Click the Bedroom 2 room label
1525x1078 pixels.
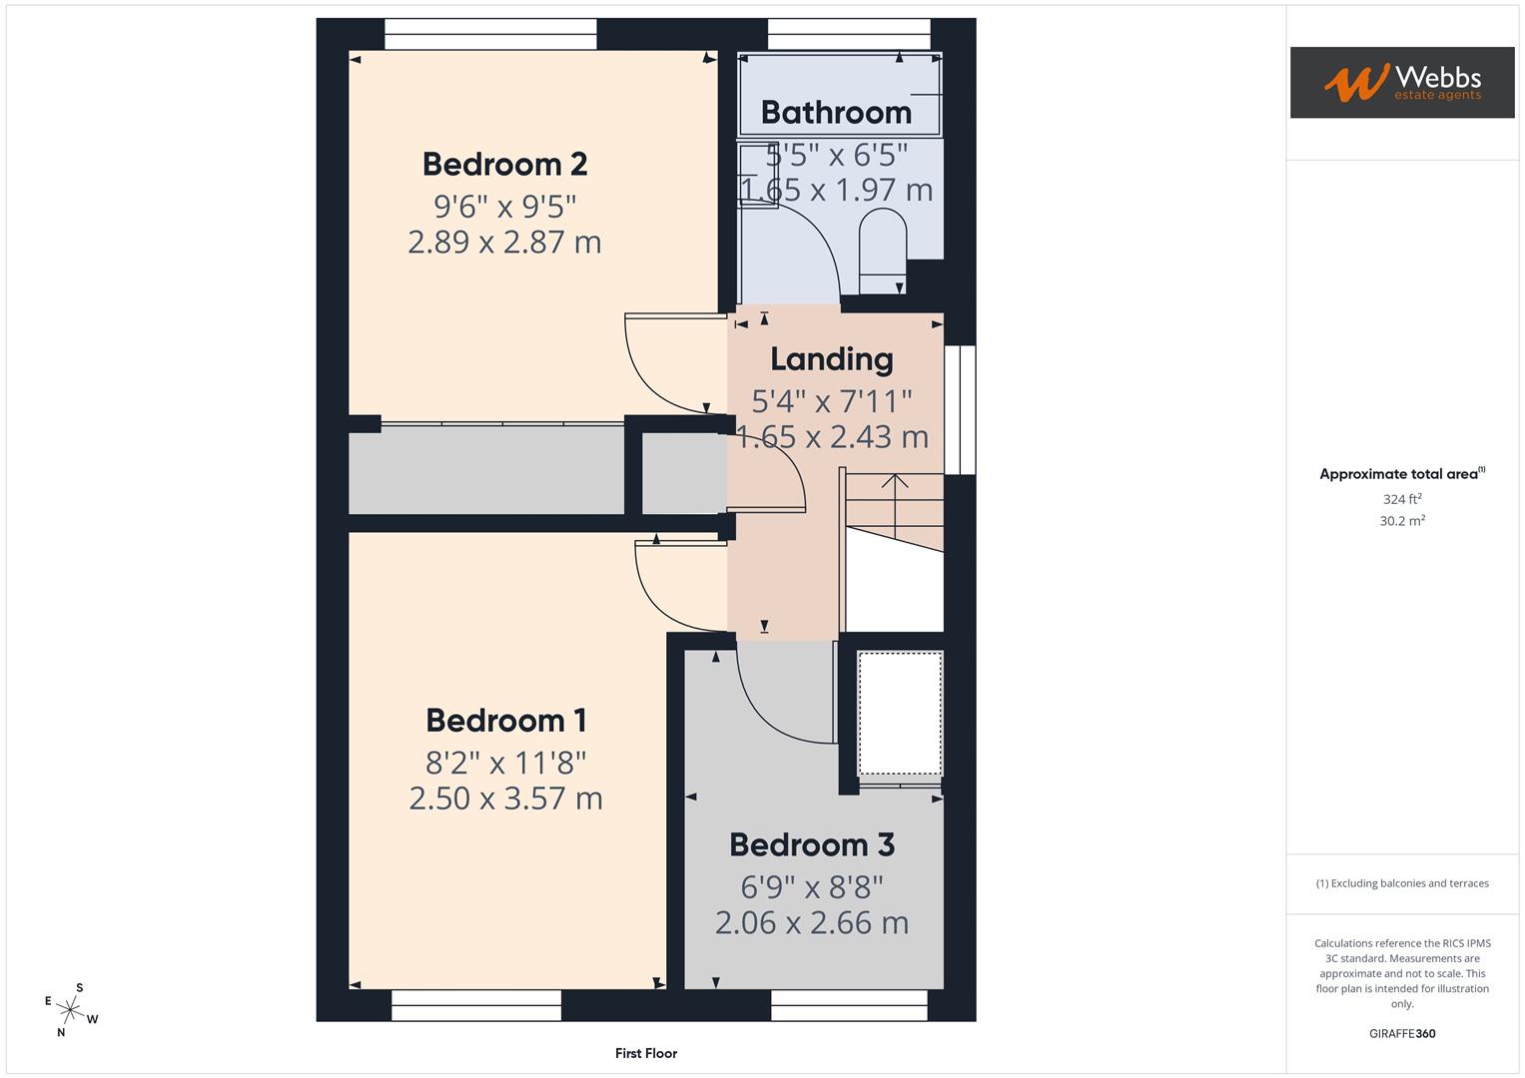pos(504,164)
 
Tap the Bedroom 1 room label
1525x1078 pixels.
pos(505,720)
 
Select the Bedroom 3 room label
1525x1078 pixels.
pos(811,844)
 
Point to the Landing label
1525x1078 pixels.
pos(831,358)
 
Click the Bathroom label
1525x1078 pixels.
pos(836,113)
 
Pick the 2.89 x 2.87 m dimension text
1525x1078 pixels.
pos(504,243)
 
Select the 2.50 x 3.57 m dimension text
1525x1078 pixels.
pos(505,799)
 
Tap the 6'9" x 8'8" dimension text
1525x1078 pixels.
pos(811,886)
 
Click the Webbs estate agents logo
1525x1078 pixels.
pos(1401,83)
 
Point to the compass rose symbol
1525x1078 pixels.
pos(71,1009)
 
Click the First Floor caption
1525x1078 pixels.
pos(646,1053)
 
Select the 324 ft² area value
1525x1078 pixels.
pos(1401,499)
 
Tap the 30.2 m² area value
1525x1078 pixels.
pos(1401,521)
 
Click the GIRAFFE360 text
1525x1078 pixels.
pos(1401,1034)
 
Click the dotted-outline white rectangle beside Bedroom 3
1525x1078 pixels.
pos(900,713)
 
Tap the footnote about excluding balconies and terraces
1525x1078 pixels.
pos(1401,883)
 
